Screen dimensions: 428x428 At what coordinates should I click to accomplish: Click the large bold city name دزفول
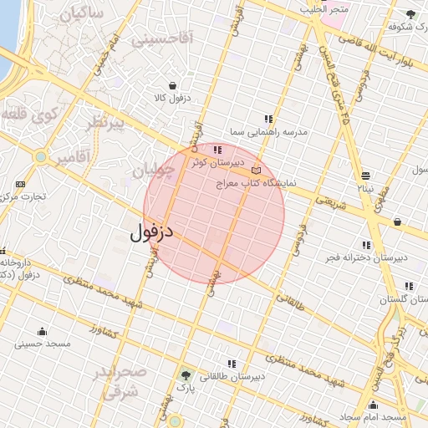tap(151, 232)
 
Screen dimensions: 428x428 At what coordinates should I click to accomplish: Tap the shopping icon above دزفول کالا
tap(173, 85)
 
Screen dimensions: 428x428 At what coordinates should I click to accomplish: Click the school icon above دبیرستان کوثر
tap(217, 150)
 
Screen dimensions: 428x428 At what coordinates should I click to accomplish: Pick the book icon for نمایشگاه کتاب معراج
tap(256, 171)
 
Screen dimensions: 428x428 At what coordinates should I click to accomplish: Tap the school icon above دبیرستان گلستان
tap(409, 286)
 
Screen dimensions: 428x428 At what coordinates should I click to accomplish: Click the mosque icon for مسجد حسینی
tap(42, 332)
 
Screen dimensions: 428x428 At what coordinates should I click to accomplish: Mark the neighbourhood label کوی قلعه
tap(28, 114)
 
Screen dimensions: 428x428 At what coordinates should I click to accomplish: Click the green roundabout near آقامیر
tap(40, 156)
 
